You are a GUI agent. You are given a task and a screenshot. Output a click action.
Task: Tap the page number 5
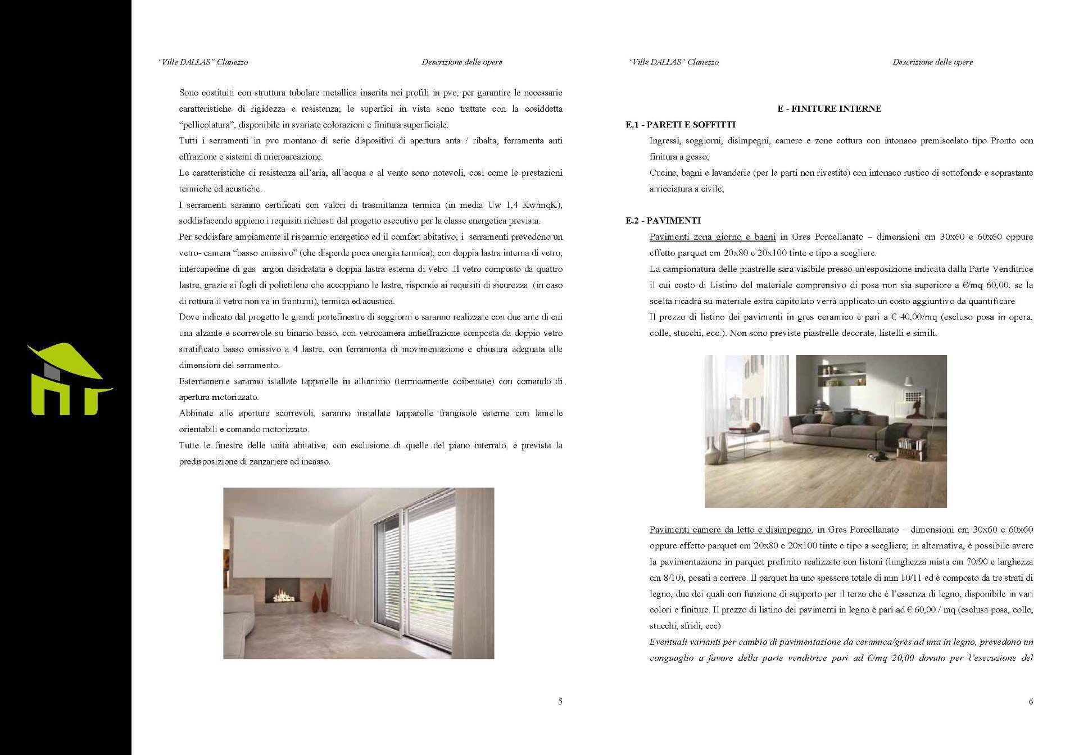point(560,701)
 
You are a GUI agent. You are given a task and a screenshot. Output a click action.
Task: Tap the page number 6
point(1031,701)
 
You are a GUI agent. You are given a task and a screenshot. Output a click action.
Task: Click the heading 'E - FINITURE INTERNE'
point(829,109)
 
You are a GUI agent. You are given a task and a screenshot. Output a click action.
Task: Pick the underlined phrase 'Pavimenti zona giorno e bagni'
point(704,237)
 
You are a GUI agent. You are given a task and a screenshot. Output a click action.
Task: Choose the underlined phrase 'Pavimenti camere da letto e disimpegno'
point(730,530)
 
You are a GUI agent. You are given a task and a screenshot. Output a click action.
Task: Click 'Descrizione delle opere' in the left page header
point(461,62)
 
